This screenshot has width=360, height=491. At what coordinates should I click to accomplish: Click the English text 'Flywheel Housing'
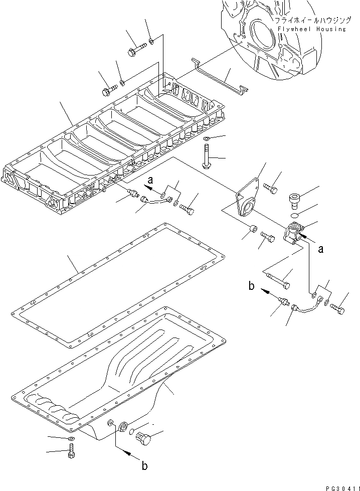click(310, 29)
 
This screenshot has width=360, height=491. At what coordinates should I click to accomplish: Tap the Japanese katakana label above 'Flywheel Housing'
click(309, 21)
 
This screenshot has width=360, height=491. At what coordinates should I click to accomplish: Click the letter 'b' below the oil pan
click(145, 466)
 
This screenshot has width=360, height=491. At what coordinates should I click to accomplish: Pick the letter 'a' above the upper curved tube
click(150, 179)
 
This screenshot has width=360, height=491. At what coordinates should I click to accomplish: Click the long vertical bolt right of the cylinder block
click(207, 155)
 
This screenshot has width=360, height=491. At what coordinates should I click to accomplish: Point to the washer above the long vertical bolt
click(207, 138)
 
